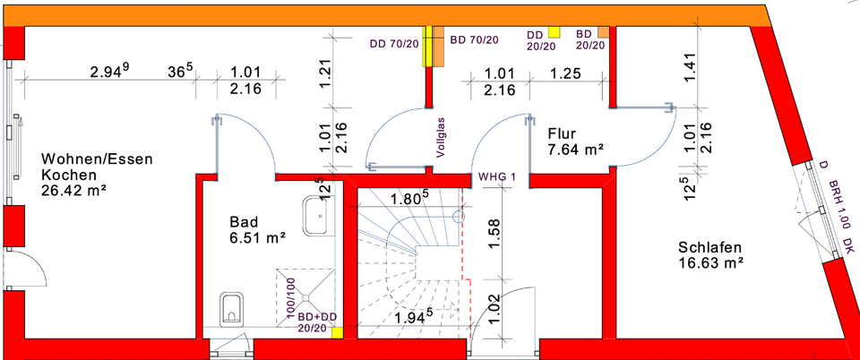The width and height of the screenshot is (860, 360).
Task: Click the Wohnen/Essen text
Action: pyautogui.click(x=97, y=159)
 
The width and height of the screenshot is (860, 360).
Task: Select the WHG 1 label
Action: pyautogui.click(x=497, y=177)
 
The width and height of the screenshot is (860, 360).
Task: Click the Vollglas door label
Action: pyautogui.click(x=441, y=138)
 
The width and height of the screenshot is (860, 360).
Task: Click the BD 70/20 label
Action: pyautogui.click(x=475, y=40)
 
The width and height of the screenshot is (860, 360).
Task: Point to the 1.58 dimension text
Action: pyautogui.click(x=494, y=233)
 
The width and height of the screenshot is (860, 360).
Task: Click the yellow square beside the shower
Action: pyautogui.click(x=338, y=332)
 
